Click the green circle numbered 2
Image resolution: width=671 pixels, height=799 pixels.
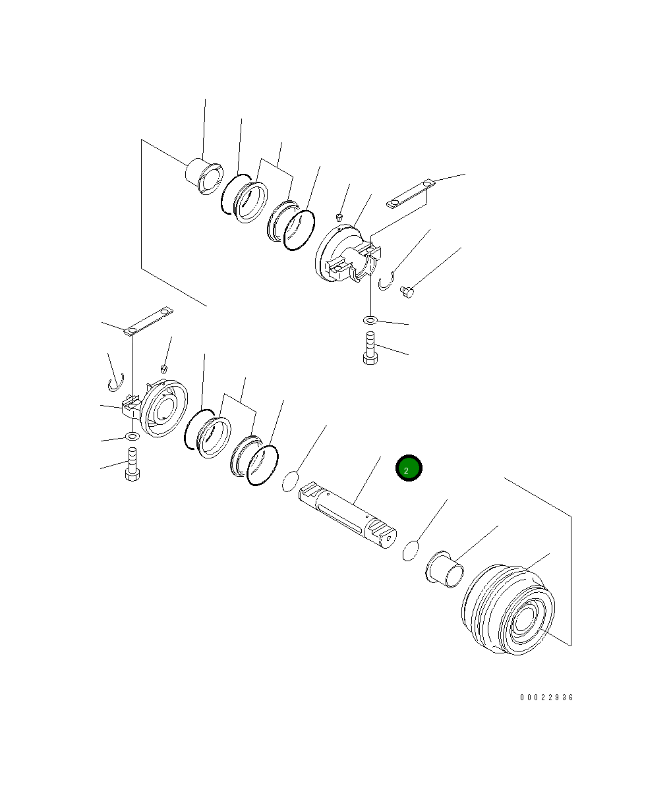tap(409, 468)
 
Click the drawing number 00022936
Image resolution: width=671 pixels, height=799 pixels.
tap(546, 697)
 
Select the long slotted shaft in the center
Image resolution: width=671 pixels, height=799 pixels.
tap(347, 514)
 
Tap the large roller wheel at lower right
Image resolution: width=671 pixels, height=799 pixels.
tap(508, 609)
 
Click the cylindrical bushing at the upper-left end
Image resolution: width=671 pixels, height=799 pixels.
tap(204, 176)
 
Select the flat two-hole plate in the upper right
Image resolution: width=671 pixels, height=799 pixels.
tap(411, 194)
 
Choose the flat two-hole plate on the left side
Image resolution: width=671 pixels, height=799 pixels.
tap(148, 321)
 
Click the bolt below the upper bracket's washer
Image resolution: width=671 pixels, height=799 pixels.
tap(370, 348)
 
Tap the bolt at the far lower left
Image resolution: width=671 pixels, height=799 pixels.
tap(132, 464)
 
